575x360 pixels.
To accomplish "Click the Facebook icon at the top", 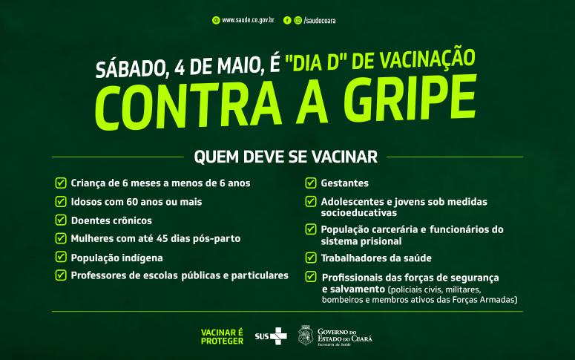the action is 287,21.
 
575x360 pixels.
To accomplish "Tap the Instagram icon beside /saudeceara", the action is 298,21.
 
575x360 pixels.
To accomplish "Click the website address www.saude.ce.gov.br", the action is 248,20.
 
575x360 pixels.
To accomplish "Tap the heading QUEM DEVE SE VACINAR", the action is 286,157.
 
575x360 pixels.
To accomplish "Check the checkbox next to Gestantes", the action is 311,183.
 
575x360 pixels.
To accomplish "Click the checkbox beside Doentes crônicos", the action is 61,220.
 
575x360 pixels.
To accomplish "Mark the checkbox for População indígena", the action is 61,257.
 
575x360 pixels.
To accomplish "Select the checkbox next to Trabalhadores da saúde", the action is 311,258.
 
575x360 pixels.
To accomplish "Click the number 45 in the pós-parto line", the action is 162,238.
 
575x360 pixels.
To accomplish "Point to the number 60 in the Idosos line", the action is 132,202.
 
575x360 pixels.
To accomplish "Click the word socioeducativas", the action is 358,213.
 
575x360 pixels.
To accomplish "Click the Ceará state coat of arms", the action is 306,336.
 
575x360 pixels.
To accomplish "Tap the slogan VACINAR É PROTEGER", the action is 223,336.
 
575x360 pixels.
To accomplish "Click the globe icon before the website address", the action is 216,21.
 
